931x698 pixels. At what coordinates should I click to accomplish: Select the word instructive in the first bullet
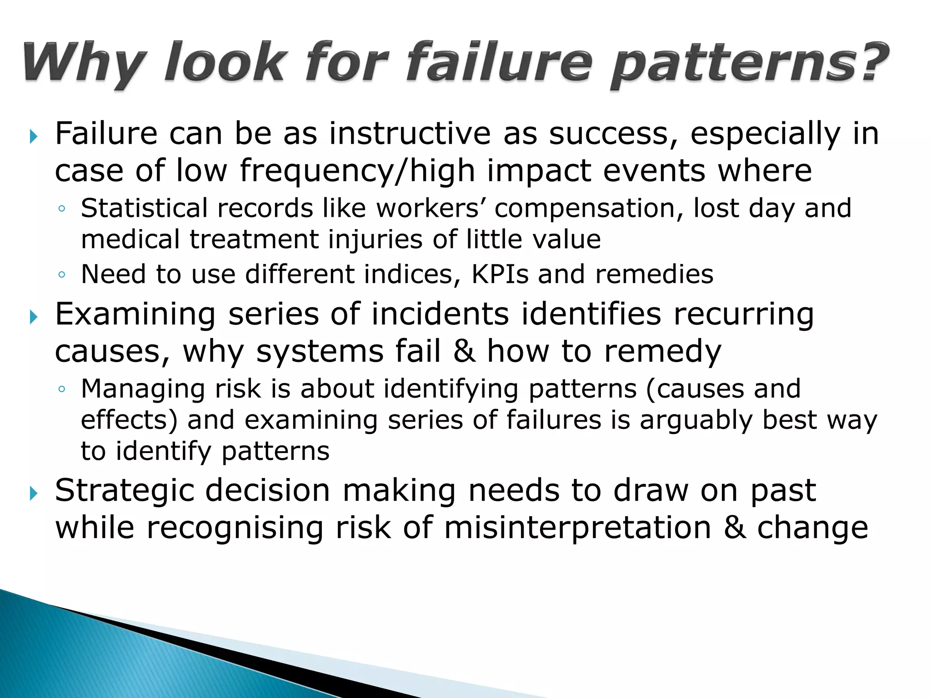click(x=410, y=134)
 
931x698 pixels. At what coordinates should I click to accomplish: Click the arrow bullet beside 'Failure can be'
click(x=33, y=136)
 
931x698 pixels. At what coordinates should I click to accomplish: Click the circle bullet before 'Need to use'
click(x=62, y=275)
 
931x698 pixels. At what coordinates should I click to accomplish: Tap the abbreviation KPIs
click(x=500, y=274)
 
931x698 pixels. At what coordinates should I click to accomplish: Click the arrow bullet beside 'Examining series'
click(x=33, y=317)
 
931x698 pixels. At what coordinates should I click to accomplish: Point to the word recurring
click(x=744, y=315)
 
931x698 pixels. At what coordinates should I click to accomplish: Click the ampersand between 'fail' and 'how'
click(x=464, y=351)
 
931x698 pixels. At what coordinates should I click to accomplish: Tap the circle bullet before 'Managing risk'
click(x=62, y=389)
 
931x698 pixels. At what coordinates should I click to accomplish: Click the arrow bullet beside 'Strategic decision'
click(x=33, y=493)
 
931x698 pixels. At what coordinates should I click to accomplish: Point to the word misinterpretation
click(x=577, y=528)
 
